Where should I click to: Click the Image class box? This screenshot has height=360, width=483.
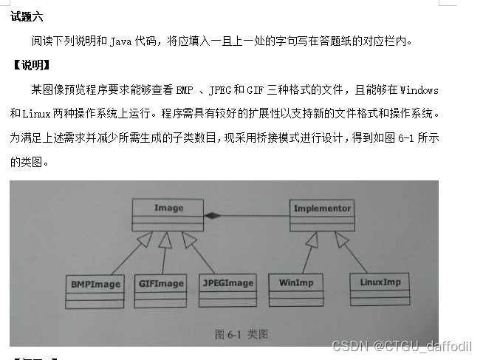(168, 215)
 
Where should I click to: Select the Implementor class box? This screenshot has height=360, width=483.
(321, 215)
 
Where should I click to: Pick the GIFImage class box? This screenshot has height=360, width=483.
(160, 291)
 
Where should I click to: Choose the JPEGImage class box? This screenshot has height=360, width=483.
(227, 291)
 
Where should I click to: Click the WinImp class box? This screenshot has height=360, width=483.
(295, 290)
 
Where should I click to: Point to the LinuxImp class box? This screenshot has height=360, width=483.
(380, 290)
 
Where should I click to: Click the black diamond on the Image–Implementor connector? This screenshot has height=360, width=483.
(214, 215)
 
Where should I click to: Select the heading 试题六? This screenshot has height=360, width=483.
(27, 17)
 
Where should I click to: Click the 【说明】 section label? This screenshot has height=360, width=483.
(31, 65)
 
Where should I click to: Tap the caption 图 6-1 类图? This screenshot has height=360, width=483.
(241, 334)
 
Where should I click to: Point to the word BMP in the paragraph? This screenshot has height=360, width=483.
(185, 90)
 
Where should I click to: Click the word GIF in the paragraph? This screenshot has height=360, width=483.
(256, 90)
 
